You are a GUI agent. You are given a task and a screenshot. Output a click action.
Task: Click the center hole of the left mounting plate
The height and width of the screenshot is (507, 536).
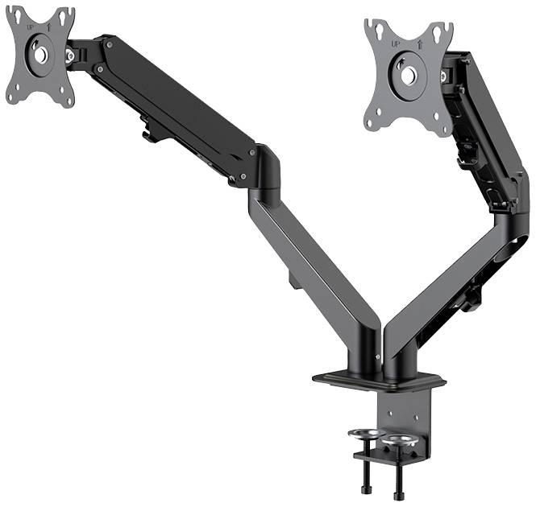point(39,56)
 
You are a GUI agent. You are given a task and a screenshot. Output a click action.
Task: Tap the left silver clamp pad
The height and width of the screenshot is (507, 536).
point(364,435)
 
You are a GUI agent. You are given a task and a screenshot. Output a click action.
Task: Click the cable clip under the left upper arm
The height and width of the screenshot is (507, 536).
point(150,129)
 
